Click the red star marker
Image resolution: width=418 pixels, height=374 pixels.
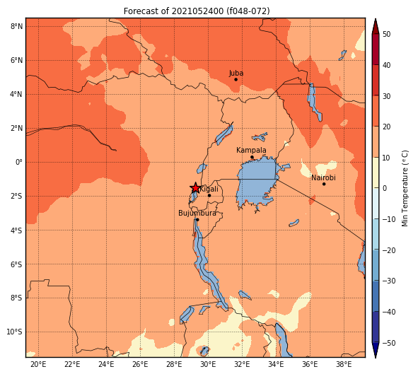click(x=195, y=188)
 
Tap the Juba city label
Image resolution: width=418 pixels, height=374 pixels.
click(x=236, y=74)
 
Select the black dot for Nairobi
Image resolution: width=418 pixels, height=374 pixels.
click(x=324, y=184)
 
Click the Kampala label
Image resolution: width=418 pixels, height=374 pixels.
click(x=251, y=151)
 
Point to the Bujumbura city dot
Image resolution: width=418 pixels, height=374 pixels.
click(x=197, y=220)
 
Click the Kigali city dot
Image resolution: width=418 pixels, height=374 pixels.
click(x=209, y=196)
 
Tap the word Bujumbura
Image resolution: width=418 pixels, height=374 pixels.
click(x=197, y=214)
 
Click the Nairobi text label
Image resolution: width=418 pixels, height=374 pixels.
click(x=323, y=177)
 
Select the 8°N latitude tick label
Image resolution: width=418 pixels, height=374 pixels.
click(x=16, y=27)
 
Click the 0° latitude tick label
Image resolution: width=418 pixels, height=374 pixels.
click(x=19, y=162)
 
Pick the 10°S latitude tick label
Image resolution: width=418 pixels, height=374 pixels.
click(x=15, y=332)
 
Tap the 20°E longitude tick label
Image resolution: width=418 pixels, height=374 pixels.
click(x=38, y=364)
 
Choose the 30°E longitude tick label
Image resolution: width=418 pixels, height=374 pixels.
click(x=208, y=364)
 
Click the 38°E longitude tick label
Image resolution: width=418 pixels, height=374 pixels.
click(x=344, y=364)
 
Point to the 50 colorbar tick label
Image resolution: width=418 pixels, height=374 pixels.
click(x=386, y=35)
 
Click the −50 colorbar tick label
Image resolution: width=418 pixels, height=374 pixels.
click(x=389, y=343)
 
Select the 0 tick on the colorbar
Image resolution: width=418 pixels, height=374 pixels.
click(x=385, y=188)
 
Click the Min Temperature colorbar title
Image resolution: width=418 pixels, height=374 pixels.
click(x=405, y=188)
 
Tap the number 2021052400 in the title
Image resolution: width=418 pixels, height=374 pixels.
click(x=197, y=11)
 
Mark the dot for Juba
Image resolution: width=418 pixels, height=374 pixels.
click(x=236, y=80)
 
